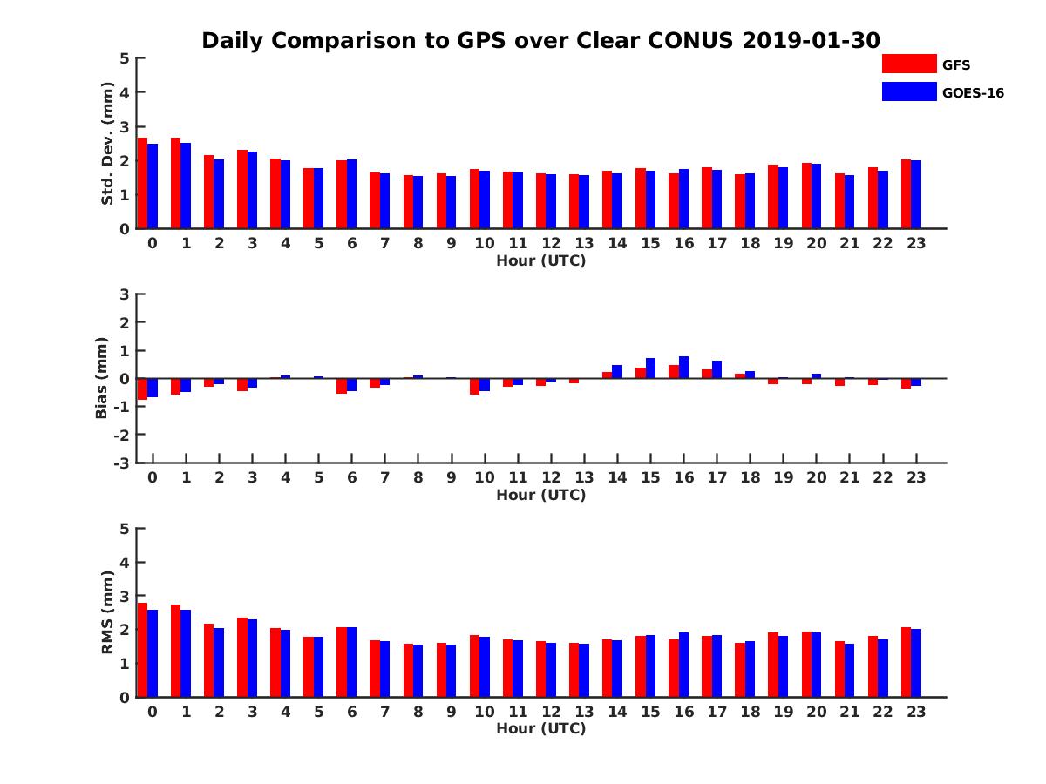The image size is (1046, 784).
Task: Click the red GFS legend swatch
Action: click(x=908, y=64)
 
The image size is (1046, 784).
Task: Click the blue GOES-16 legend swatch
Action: click(x=908, y=91)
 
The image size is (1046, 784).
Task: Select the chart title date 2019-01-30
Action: click(x=812, y=41)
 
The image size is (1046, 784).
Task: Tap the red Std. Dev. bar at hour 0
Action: click(x=143, y=183)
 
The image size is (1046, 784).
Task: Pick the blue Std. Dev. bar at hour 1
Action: click(x=186, y=186)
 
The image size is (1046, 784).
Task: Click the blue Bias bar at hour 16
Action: click(x=684, y=367)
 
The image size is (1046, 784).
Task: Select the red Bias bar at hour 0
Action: click(x=143, y=389)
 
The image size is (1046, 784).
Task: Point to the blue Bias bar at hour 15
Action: click(x=650, y=368)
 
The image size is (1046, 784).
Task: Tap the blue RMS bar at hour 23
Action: click(x=916, y=663)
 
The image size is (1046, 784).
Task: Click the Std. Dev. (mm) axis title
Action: click(x=108, y=144)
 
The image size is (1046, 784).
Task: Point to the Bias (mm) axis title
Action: click(x=102, y=379)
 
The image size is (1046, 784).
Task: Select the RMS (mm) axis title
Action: click(x=108, y=612)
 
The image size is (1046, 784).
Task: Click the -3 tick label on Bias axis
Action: click(x=122, y=463)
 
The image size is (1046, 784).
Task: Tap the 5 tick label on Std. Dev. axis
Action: click(x=126, y=58)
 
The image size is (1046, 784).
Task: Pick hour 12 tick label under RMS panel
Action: click(x=551, y=712)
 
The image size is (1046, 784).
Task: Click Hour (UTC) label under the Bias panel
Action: click(x=540, y=495)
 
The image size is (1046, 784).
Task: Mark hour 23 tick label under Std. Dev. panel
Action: click(x=915, y=243)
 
